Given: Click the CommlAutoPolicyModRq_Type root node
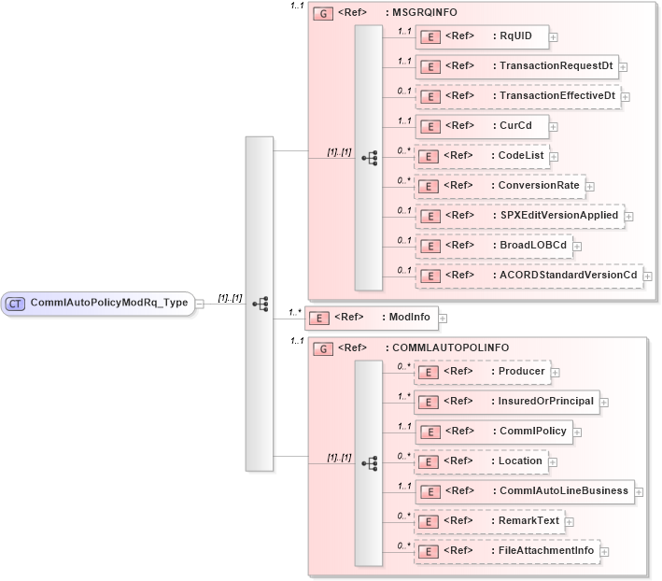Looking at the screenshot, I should coord(97,303).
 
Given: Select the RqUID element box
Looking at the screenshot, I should coord(481,36).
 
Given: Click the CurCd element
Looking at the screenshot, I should coord(480,125).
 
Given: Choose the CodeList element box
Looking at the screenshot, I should coord(481,155).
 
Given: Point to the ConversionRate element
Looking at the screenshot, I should coord(500,185).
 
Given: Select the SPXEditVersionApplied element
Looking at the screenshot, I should coord(518,215).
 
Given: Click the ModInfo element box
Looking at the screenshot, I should coord(372,318).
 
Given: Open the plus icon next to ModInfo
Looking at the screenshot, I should coord(443,319).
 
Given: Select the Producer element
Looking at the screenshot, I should coord(482,372).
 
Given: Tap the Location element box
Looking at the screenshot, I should coord(480,461).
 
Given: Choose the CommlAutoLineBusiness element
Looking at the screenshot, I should coord(523,490).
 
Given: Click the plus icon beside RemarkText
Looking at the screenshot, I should coord(569,521).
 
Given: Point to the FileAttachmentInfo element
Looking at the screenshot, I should coord(505,550).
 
